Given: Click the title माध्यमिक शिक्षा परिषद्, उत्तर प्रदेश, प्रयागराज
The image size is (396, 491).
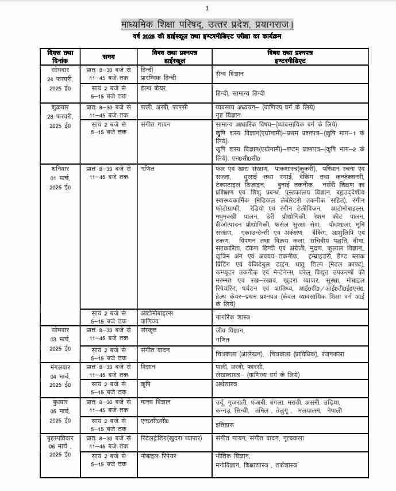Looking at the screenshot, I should click(207, 25).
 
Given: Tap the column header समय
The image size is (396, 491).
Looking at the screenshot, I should click(109, 56).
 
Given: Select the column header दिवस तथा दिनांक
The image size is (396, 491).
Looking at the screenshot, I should click(59, 56).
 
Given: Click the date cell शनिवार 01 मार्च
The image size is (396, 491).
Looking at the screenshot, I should click(59, 178).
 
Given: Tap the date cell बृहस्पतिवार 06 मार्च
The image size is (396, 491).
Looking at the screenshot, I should click(59, 447).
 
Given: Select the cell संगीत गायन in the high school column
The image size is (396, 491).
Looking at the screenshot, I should click(155, 124).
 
